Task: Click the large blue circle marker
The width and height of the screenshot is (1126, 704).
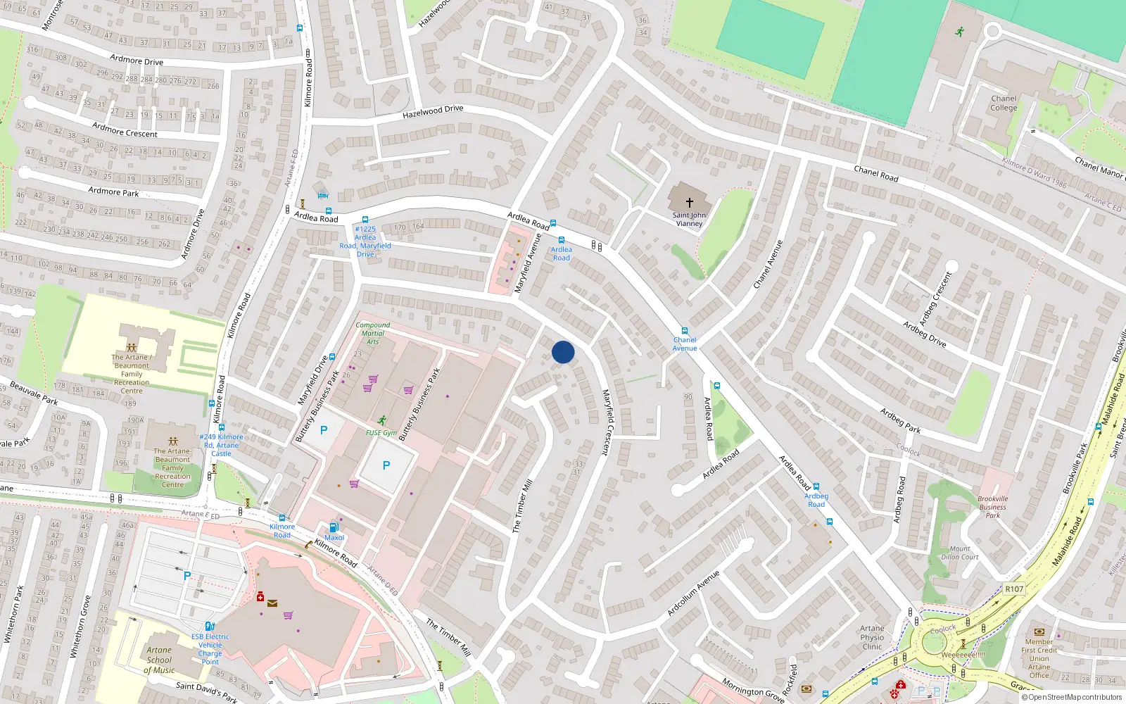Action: tap(563, 352)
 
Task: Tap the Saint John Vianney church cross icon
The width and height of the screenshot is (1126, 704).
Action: tap(690, 202)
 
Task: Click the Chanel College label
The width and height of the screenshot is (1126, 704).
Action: tap(1004, 103)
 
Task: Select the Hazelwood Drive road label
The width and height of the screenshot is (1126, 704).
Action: tap(433, 112)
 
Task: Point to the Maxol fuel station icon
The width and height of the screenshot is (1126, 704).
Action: tap(334, 527)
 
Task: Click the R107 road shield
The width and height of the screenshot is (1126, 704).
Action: tap(1014, 589)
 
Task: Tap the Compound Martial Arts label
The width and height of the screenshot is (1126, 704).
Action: tap(373, 333)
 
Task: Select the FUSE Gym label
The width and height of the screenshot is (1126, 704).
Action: tap(381, 433)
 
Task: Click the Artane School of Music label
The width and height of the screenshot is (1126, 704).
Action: tap(160, 660)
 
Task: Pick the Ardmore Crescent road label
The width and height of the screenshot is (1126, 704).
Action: tap(125, 130)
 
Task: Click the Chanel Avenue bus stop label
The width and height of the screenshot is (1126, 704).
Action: tap(685, 344)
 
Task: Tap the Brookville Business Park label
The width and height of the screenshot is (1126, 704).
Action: tap(992, 507)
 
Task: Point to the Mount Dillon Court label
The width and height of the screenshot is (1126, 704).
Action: tap(960, 553)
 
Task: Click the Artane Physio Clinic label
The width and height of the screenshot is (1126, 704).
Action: tap(872, 637)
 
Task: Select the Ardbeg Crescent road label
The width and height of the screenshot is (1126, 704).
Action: tap(935, 298)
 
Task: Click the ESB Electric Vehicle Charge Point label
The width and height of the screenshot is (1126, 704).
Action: tap(210, 649)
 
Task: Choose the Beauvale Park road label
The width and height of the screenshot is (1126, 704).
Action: tap(33, 394)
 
